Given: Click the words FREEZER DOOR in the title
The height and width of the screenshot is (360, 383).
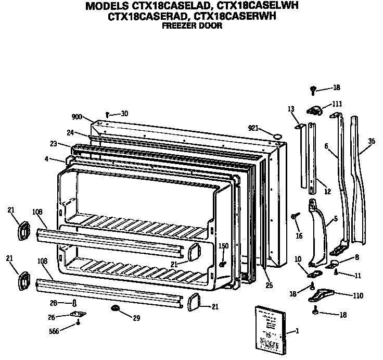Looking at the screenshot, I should (x=191, y=26).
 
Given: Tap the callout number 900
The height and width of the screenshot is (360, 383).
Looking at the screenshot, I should (x=77, y=117).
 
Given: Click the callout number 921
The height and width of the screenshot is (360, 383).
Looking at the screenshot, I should (x=253, y=128).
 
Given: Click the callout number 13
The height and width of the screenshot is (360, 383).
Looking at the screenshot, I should (x=290, y=108).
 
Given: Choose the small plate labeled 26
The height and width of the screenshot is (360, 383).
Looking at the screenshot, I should (x=78, y=315).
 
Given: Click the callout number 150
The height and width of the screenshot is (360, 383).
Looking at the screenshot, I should (x=223, y=246).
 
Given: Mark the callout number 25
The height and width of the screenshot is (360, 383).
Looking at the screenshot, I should (x=269, y=285).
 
